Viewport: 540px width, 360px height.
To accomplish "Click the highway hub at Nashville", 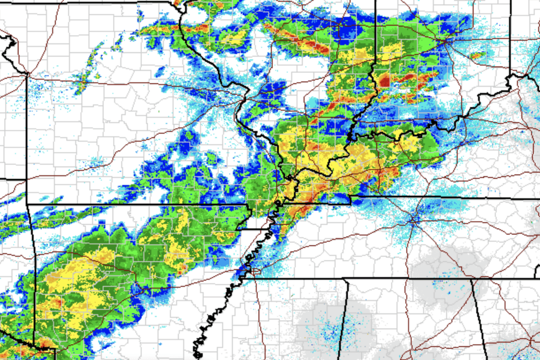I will click(x=414, y=218).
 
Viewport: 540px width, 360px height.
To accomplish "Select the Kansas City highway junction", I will click(x=28, y=74).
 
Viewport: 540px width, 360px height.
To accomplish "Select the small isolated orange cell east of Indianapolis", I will click(x=475, y=55).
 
